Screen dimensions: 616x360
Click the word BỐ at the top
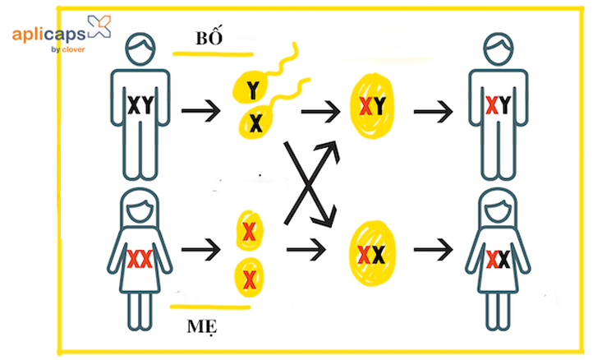pyautogui.click(x=209, y=37)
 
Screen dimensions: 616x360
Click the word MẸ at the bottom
pyautogui.click(x=202, y=326)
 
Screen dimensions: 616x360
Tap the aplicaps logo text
pyautogui.click(x=48, y=35)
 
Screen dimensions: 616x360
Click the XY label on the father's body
pyautogui.click(x=140, y=105)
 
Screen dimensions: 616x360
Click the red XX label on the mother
pyautogui.click(x=140, y=259)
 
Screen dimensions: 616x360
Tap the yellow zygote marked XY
pyautogui.click(x=371, y=106)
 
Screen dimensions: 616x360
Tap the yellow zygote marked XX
pyautogui.click(x=371, y=254)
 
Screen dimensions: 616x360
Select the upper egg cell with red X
pyautogui.click(x=249, y=231)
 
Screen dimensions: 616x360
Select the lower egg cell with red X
pyautogui.click(x=249, y=279)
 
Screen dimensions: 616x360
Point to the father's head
pyautogui.click(x=140, y=48)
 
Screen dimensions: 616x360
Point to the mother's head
pyautogui.click(x=140, y=208)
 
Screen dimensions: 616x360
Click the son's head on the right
pyautogui.click(x=499, y=48)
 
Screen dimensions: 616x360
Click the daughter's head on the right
pyautogui.click(x=499, y=208)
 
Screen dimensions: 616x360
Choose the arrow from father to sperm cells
pyautogui.click(x=200, y=111)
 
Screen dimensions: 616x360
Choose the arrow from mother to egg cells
pyautogui.click(x=200, y=250)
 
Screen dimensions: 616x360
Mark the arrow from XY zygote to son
pyautogui.click(x=434, y=112)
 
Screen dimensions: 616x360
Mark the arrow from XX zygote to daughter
pyautogui.click(x=434, y=250)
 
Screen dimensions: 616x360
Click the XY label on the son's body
pyautogui.click(x=499, y=105)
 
